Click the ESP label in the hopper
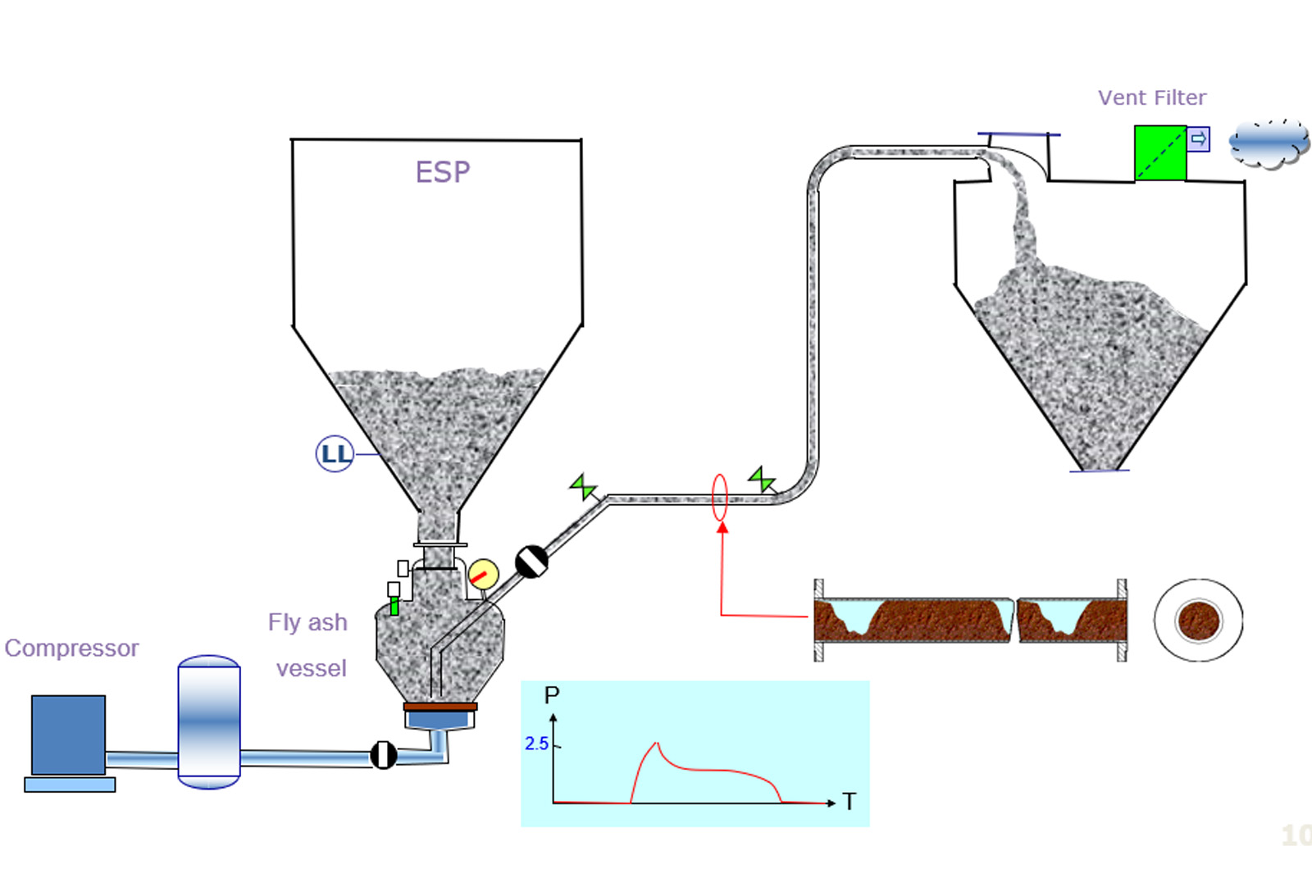pyautogui.click(x=443, y=172)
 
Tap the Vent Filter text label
pyautogui.click(x=1152, y=98)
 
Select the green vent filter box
pyautogui.click(x=1159, y=152)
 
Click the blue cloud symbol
pyautogui.click(x=1268, y=144)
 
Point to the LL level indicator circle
pyautogui.click(x=335, y=453)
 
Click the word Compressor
pyautogui.click(x=72, y=649)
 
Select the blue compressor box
pyautogui.click(x=68, y=735)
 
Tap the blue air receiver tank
pyautogui.click(x=209, y=722)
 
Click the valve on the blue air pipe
pyautogui.click(x=384, y=754)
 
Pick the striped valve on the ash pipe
pyautogui.click(x=531, y=562)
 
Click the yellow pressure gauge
pyautogui.click(x=483, y=574)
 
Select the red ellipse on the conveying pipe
pyautogui.click(x=719, y=497)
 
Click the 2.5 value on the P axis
pyautogui.click(x=536, y=744)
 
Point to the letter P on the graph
pyautogui.click(x=552, y=695)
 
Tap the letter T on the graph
pyautogui.click(x=850, y=802)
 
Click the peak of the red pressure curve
pyautogui.click(x=657, y=743)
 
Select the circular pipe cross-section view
pyautogui.click(x=1198, y=620)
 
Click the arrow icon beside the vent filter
pyautogui.click(x=1198, y=139)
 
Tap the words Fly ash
pyautogui.click(x=307, y=622)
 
